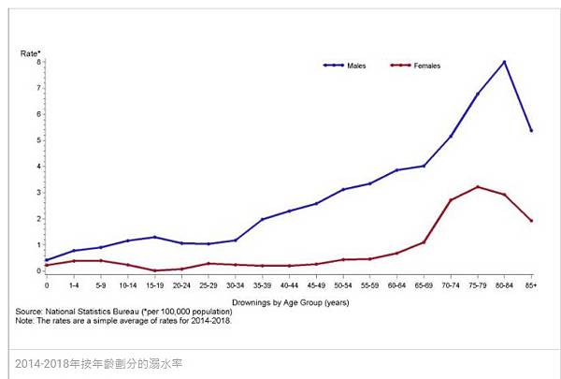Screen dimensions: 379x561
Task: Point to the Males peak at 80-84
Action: tap(504, 62)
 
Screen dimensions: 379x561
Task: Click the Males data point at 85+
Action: tap(531, 130)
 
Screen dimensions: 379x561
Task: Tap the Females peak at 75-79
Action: tap(478, 186)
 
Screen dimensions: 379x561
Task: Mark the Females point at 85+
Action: tap(531, 221)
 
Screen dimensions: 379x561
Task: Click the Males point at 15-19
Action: tap(154, 237)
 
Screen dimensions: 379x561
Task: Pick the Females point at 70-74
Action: tap(451, 199)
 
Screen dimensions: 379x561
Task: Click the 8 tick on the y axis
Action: tap(39, 62)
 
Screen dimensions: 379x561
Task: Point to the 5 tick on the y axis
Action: tap(39, 140)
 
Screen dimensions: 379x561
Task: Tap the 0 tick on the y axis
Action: tap(39, 271)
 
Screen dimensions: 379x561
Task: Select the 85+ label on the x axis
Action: tap(531, 284)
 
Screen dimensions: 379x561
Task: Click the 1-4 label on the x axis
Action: tap(73, 284)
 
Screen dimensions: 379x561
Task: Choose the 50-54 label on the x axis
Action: tap(343, 284)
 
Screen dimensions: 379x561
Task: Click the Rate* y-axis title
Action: tap(31, 52)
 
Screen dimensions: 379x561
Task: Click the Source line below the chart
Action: tap(117, 311)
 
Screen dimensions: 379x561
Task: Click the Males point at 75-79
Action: tap(478, 94)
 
